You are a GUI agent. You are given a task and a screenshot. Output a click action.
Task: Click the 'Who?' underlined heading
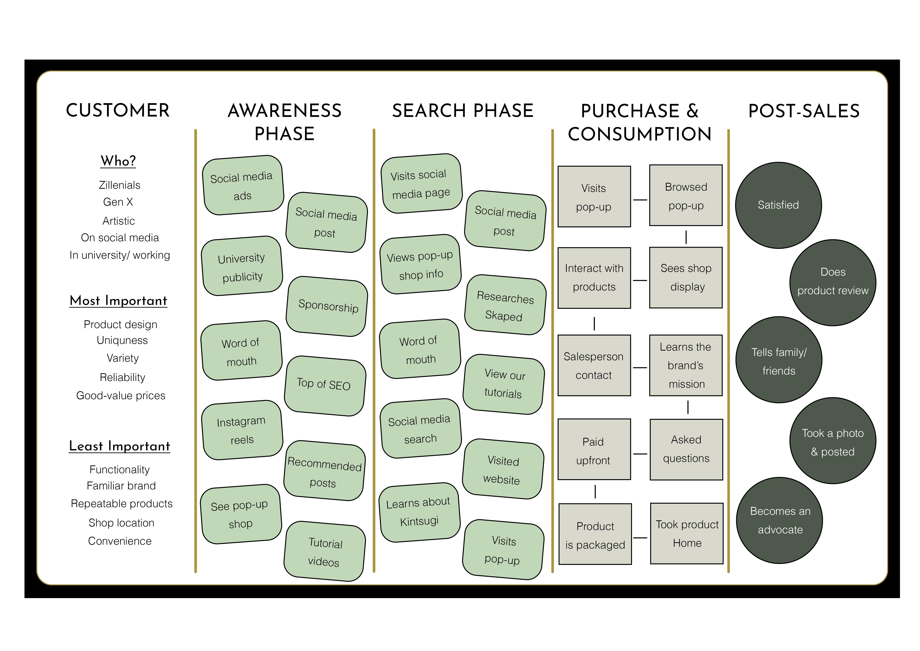coord(118,161)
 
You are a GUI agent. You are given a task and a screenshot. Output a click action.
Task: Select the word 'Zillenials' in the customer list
coord(119,185)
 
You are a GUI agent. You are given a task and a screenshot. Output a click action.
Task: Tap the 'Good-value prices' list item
coord(121,396)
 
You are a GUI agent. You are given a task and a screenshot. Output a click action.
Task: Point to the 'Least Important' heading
coord(119,446)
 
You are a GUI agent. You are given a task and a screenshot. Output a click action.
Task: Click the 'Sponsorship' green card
coord(327,306)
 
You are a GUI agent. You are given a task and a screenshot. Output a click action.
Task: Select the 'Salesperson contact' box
coord(594,366)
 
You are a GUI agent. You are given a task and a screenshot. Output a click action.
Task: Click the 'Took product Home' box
coord(687,534)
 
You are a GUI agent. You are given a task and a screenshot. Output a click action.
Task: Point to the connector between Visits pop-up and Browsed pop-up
coord(640,200)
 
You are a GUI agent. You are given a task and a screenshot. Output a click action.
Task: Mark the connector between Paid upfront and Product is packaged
coord(595,491)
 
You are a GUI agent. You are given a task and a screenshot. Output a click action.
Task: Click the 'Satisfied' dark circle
coord(778,205)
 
